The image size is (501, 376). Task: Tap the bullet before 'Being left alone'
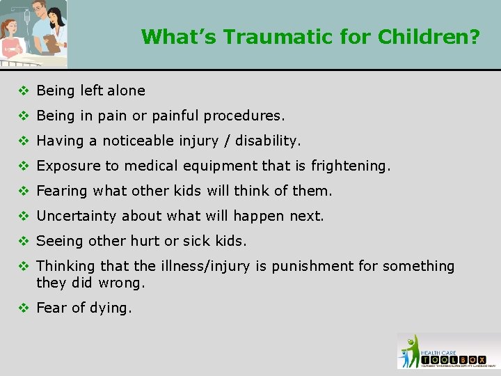coord(23,91)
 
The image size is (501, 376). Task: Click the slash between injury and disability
coord(228,141)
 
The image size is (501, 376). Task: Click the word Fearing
coord(62,191)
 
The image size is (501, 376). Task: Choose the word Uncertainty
coord(77,216)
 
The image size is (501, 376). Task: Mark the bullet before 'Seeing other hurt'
coord(23,241)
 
